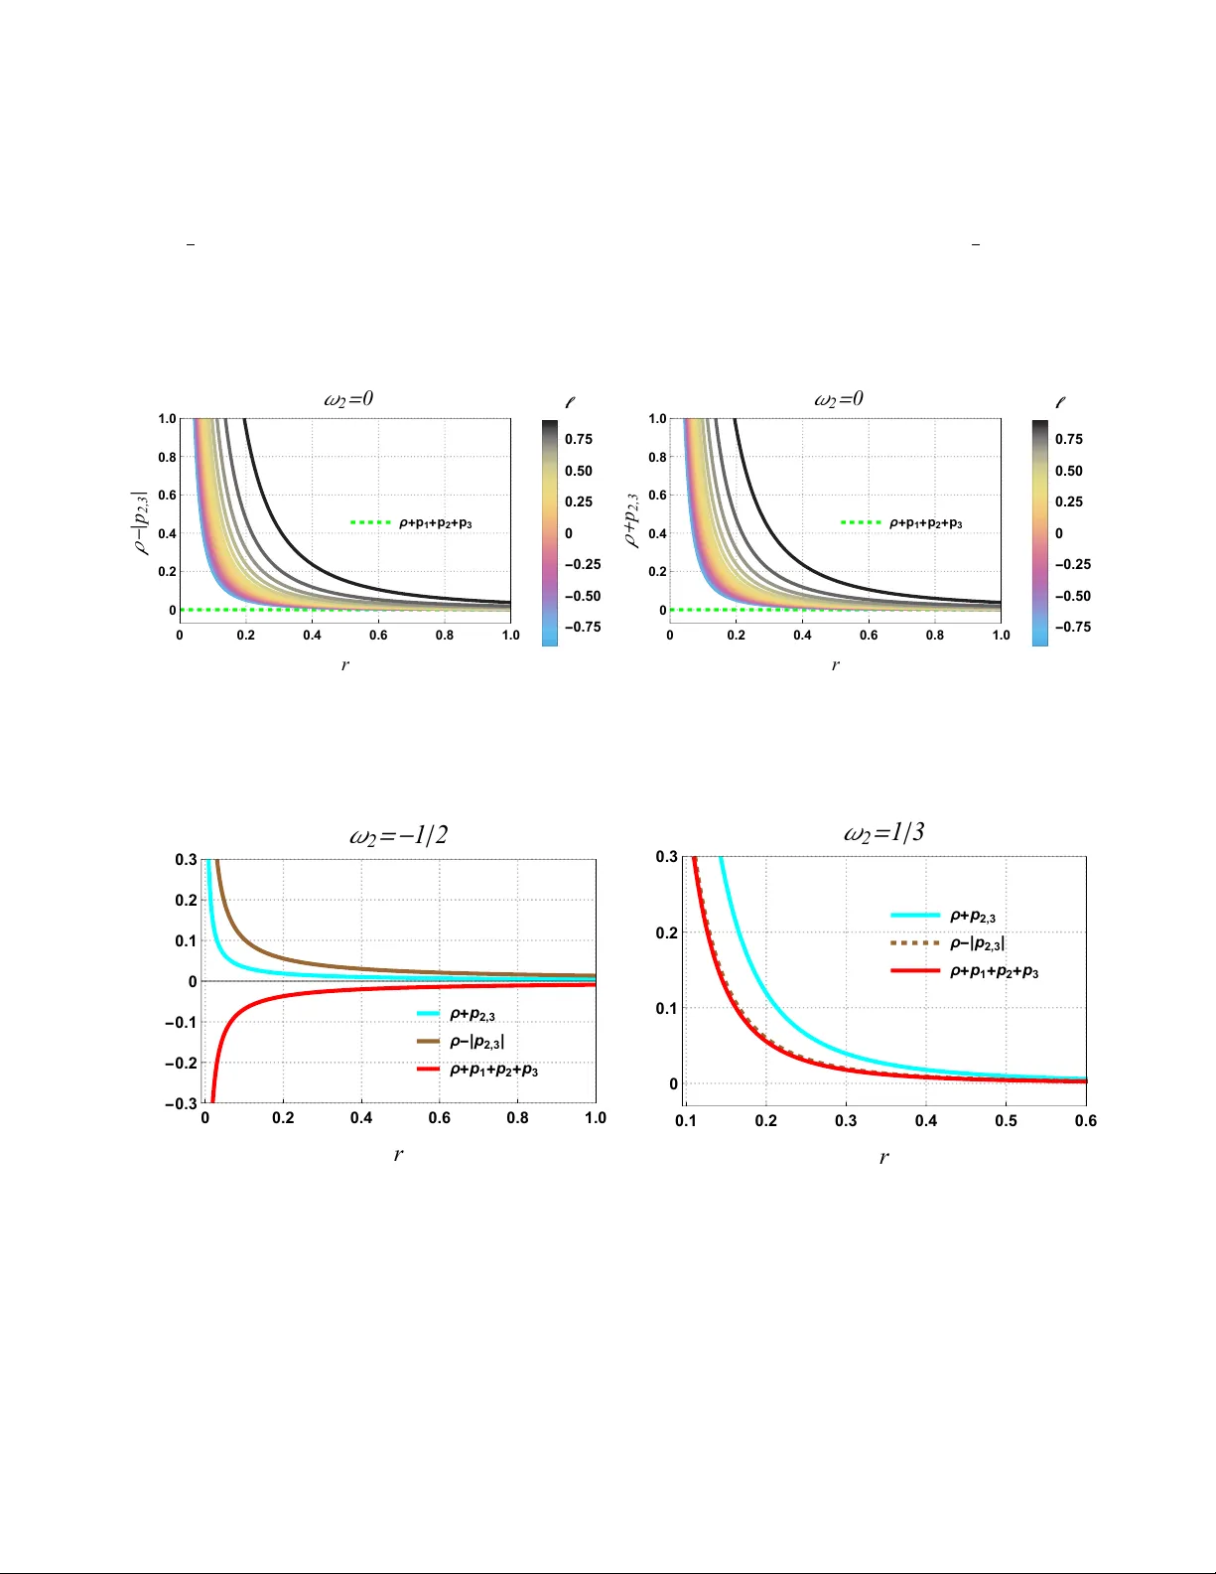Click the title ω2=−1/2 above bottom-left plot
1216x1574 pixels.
398,835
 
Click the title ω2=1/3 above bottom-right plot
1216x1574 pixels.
883,832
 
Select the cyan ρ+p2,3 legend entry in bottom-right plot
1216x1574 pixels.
972,917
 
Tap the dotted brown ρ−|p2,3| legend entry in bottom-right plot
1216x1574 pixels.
977,943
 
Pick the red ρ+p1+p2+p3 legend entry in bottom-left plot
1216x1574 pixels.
493,1070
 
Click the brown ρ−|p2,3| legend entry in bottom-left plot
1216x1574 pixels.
476,1042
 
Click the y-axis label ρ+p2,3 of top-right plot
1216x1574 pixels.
632,521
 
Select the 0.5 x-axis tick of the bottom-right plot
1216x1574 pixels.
1006,1121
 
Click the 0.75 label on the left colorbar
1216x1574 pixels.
579,439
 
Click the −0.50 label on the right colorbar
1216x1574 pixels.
1072,596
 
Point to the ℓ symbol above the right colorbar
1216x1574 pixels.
1060,403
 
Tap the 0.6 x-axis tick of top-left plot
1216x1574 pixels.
378,636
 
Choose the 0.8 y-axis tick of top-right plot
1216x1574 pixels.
657,458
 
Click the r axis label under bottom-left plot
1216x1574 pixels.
398,1154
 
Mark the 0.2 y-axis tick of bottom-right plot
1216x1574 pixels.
666,932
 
